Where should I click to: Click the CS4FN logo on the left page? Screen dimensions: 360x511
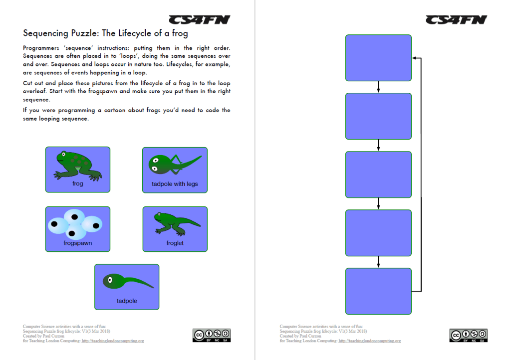click(x=199, y=19)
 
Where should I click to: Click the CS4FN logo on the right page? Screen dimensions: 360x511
click(x=456, y=19)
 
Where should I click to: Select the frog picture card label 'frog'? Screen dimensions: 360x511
click(x=77, y=183)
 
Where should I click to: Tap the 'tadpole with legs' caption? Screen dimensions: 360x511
click(x=175, y=184)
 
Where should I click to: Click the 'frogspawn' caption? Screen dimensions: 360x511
click(x=77, y=243)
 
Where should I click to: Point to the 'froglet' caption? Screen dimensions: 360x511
click(x=175, y=243)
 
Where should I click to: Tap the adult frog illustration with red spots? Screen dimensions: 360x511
click(x=77, y=165)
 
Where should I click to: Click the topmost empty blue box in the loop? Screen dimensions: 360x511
click(x=378, y=58)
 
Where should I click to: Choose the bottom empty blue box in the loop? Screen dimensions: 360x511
click(x=378, y=291)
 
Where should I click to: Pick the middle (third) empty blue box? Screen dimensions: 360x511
click(x=378, y=175)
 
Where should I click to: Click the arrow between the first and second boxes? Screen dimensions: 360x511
click(x=379, y=87)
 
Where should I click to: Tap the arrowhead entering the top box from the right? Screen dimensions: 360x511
click(x=415, y=58)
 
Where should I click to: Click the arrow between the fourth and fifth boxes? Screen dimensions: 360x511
click(x=379, y=262)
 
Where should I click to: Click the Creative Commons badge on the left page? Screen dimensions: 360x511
click(x=211, y=335)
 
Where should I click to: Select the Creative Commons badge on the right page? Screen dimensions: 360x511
click(x=468, y=335)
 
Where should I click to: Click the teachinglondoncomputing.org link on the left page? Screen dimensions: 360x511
click(x=112, y=341)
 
